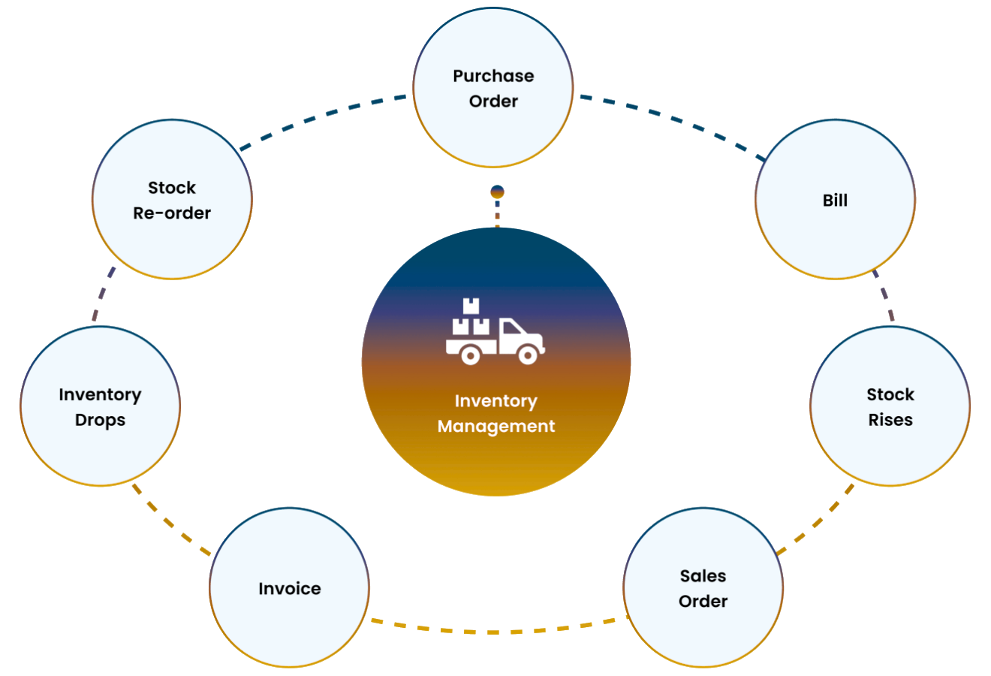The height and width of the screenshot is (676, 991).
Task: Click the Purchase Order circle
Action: (493, 88)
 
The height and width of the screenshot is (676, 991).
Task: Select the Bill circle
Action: (835, 200)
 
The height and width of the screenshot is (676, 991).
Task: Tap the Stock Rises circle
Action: (890, 406)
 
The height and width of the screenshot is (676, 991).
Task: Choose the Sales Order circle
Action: (703, 588)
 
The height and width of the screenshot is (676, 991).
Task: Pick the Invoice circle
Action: (290, 588)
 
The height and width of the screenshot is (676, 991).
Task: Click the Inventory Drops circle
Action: (100, 406)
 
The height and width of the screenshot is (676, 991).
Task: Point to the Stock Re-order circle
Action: (172, 200)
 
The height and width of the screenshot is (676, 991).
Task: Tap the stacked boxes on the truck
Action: (471, 318)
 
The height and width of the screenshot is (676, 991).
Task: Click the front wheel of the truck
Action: (528, 354)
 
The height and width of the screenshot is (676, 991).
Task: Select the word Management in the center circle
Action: (496, 426)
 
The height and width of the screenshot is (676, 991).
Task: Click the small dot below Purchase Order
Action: (497, 193)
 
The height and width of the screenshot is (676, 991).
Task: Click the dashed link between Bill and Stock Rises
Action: (884, 296)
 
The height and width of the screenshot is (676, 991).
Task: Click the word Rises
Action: (890, 420)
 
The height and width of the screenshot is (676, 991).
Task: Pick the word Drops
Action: (100, 420)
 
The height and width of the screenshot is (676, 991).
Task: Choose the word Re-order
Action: (172, 213)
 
